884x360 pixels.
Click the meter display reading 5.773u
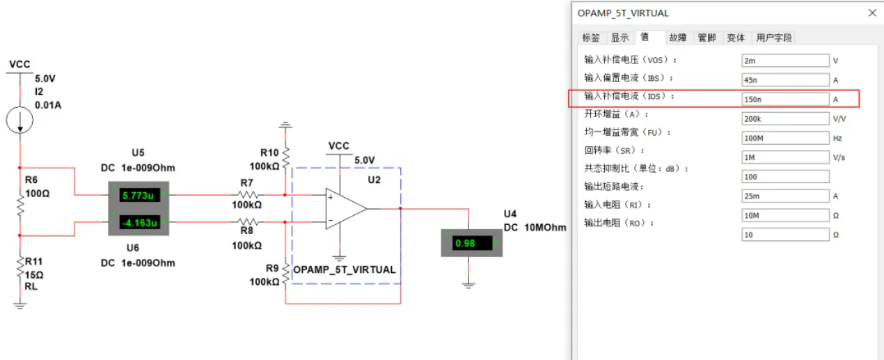pos(139,196)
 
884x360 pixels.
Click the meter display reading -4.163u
pos(139,223)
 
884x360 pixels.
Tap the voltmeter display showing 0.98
pos(471,243)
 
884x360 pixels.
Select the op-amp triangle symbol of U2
pos(345,208)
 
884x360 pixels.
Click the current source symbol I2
pos(19,120)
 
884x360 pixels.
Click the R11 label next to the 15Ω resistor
pos(34,262)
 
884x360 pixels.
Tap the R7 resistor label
pos(247,182)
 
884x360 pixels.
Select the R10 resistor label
pos(269,152)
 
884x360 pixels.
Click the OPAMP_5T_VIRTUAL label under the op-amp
pos(345,269)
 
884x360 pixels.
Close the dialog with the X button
pos(872,13)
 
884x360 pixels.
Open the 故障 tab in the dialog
pos(677,38)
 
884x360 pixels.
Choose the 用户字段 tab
pos(774,38)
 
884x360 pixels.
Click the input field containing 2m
pos(784,61)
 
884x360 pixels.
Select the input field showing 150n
pos(784,100)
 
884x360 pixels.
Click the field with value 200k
pos(784,119)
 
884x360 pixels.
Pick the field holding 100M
pos(784,138)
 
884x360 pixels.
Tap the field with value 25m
pos(784,196)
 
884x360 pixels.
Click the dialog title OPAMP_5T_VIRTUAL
pos(623,13)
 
